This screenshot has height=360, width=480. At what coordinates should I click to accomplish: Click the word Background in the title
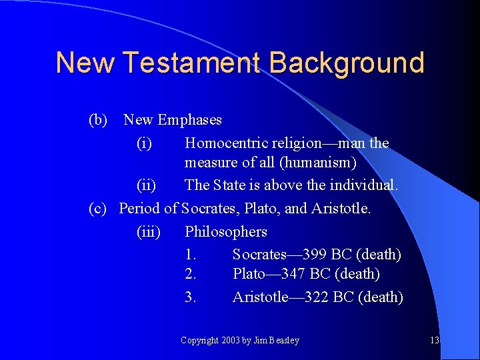pos(347,63)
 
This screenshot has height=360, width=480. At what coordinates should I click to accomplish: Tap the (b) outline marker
pos(98,120)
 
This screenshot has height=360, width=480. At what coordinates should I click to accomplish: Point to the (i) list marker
pos(144,143)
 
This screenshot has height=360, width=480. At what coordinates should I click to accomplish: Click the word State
pos(230,185)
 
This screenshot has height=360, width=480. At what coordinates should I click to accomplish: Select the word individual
pos(367,185)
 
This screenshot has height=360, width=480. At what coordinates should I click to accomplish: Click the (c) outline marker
pos(98,208)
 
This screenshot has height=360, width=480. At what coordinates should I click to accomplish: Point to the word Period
pos(139,208)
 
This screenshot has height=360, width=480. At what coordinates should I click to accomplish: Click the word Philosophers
pos(226,232)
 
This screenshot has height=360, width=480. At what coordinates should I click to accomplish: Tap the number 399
pos(314,254)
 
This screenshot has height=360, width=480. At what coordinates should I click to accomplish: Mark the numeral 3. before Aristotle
pos(191,297)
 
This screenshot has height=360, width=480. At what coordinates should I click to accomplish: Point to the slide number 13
pos(435,341)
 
